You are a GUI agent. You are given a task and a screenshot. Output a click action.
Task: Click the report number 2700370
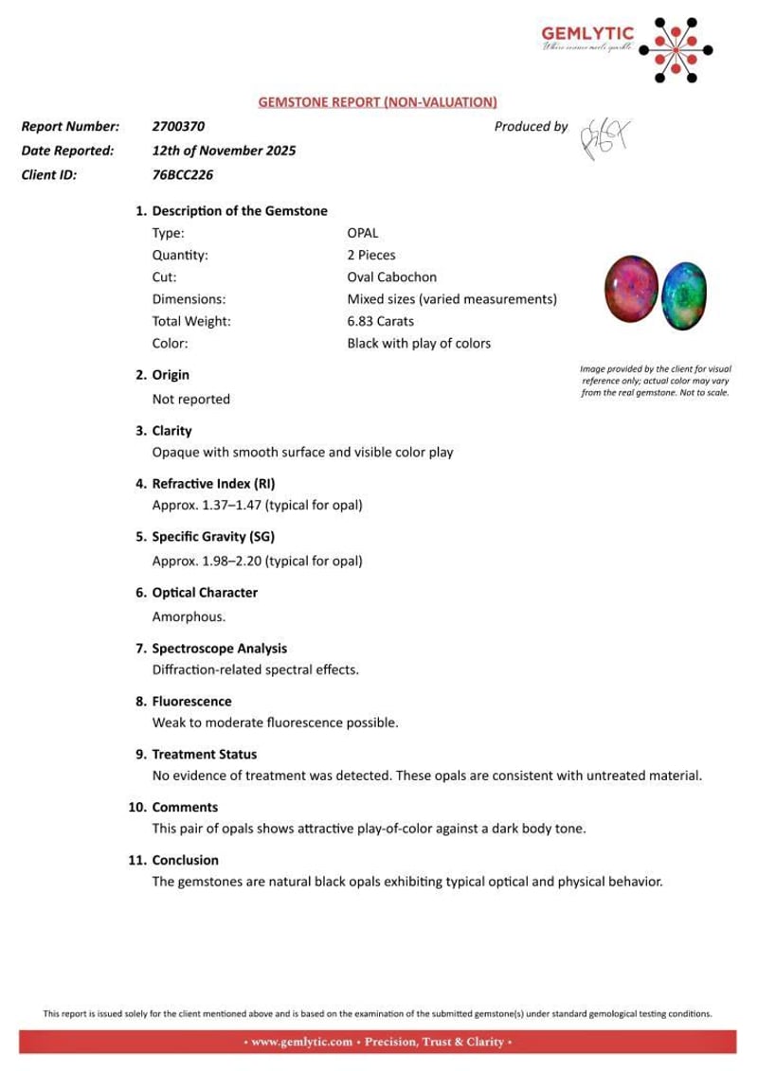coord(178,126)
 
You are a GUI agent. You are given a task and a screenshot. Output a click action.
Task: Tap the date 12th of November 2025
coord(224,150)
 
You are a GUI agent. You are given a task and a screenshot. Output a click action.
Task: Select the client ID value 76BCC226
coord(182,174)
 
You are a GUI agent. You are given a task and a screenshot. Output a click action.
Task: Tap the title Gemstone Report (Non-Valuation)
coord(378,102)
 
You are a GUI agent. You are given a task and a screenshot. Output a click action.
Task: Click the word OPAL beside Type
coord(363,232)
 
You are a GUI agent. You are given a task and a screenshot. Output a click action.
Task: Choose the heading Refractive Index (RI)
coord(213,483)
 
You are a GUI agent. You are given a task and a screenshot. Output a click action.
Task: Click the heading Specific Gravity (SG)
coord(213,537)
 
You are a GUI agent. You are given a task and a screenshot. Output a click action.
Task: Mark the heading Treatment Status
coord(204,755)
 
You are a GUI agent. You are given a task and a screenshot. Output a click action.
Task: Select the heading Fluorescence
coord(191,702)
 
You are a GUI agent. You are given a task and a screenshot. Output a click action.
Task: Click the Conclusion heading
coord(185,860)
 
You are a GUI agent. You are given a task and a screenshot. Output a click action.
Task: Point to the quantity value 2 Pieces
coord(371,255)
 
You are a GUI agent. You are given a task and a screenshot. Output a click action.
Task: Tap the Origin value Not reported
coord(190,400)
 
